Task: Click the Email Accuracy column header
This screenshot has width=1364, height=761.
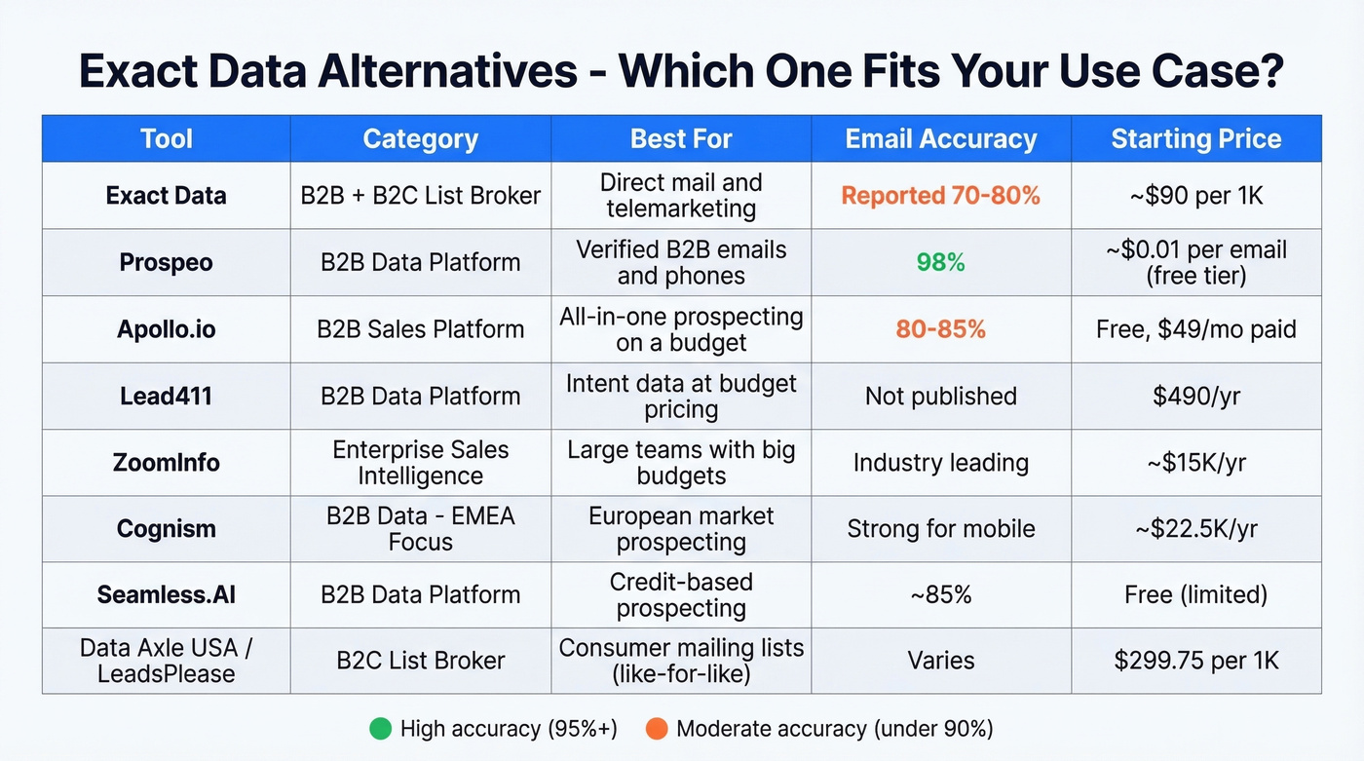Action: [x=940, y=138]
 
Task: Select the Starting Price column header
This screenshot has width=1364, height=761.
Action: [x=1195, y=138]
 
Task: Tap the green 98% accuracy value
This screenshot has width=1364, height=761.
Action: [x=940, y=262]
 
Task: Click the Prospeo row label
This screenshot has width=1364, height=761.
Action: [x=166, y=262]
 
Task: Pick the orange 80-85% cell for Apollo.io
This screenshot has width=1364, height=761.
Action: [x=940, y=329]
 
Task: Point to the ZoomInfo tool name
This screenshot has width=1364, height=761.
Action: [x=166, y=462]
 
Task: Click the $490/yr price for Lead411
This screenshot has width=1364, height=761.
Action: [x=1195, y=396]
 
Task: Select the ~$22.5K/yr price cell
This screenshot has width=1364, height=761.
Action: [x=1195, y=528]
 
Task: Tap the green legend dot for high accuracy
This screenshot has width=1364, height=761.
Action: [x=380, y=728]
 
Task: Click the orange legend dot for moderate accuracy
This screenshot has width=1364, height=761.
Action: [x=656, y=728]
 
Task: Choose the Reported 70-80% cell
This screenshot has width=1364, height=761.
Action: [x=940, y=195]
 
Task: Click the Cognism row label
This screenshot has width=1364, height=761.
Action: [x=166, y=528]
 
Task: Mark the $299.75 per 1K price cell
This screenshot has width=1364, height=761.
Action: [x=1195, y=661]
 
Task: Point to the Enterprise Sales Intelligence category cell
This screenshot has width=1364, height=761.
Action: [x=420, y=462]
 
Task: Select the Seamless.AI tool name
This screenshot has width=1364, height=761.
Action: [x=166, y=594]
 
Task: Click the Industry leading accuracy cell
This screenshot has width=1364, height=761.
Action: [x=940, y=462]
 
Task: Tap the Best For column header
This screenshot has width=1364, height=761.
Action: [x=680, y=138]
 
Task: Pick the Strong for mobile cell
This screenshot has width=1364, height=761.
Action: [x=940, y=528]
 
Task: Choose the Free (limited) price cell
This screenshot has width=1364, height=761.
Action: [x=1195, y=594]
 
